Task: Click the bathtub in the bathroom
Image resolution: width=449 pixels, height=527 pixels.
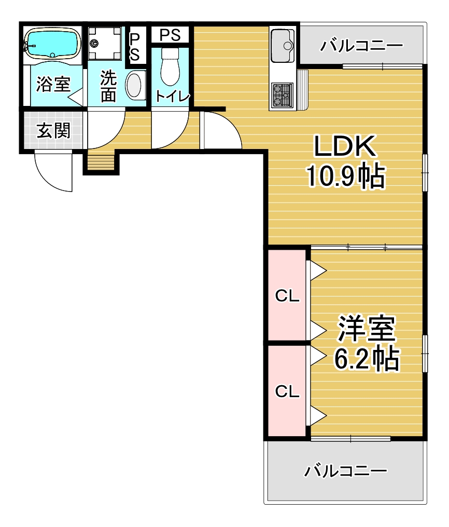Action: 52,44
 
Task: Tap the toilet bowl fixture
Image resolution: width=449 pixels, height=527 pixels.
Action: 170,66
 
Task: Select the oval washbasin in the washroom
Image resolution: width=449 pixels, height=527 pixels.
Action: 135,85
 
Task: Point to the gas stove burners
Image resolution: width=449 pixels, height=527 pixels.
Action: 282,95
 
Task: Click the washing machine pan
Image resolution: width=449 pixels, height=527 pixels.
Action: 105,44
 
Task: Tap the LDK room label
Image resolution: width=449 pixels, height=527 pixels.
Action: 345,146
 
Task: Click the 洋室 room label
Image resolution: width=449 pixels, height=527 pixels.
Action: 366,328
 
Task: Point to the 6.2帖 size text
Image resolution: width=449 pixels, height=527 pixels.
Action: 367,358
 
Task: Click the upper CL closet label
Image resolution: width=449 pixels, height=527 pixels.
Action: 287,296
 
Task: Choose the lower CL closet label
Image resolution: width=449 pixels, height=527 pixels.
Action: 287,391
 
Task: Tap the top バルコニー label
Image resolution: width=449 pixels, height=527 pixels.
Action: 361,45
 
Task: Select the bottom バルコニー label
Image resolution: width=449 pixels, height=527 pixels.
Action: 346,471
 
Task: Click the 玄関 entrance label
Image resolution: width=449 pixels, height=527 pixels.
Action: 53,130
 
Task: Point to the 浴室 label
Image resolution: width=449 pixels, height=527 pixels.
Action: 53,84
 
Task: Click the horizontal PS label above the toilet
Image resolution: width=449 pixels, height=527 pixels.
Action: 170,35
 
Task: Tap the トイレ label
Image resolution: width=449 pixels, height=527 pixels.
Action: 173,97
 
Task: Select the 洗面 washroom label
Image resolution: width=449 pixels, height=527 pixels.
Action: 108,86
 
